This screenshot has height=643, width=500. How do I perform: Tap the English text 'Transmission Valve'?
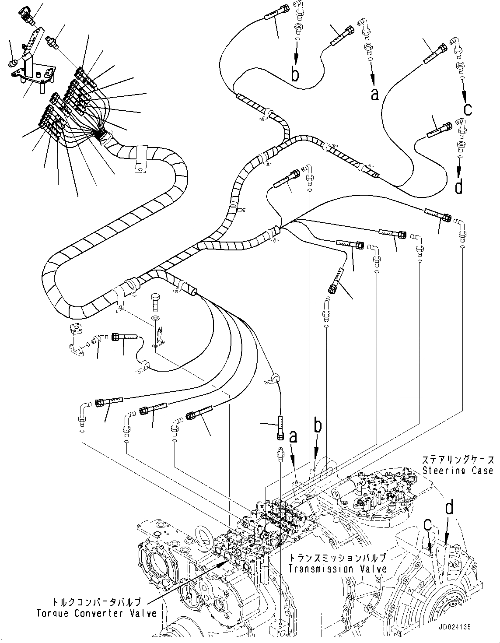pyautogui.click(x=337, y=569)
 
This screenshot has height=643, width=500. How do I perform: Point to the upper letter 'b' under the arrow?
pyautogui.click(x=296, y=74)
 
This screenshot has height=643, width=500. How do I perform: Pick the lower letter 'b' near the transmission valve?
pyautogui.click(x=318, y=425)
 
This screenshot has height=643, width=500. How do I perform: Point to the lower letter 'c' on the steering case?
pyautogui.click(x=429, y=524)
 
